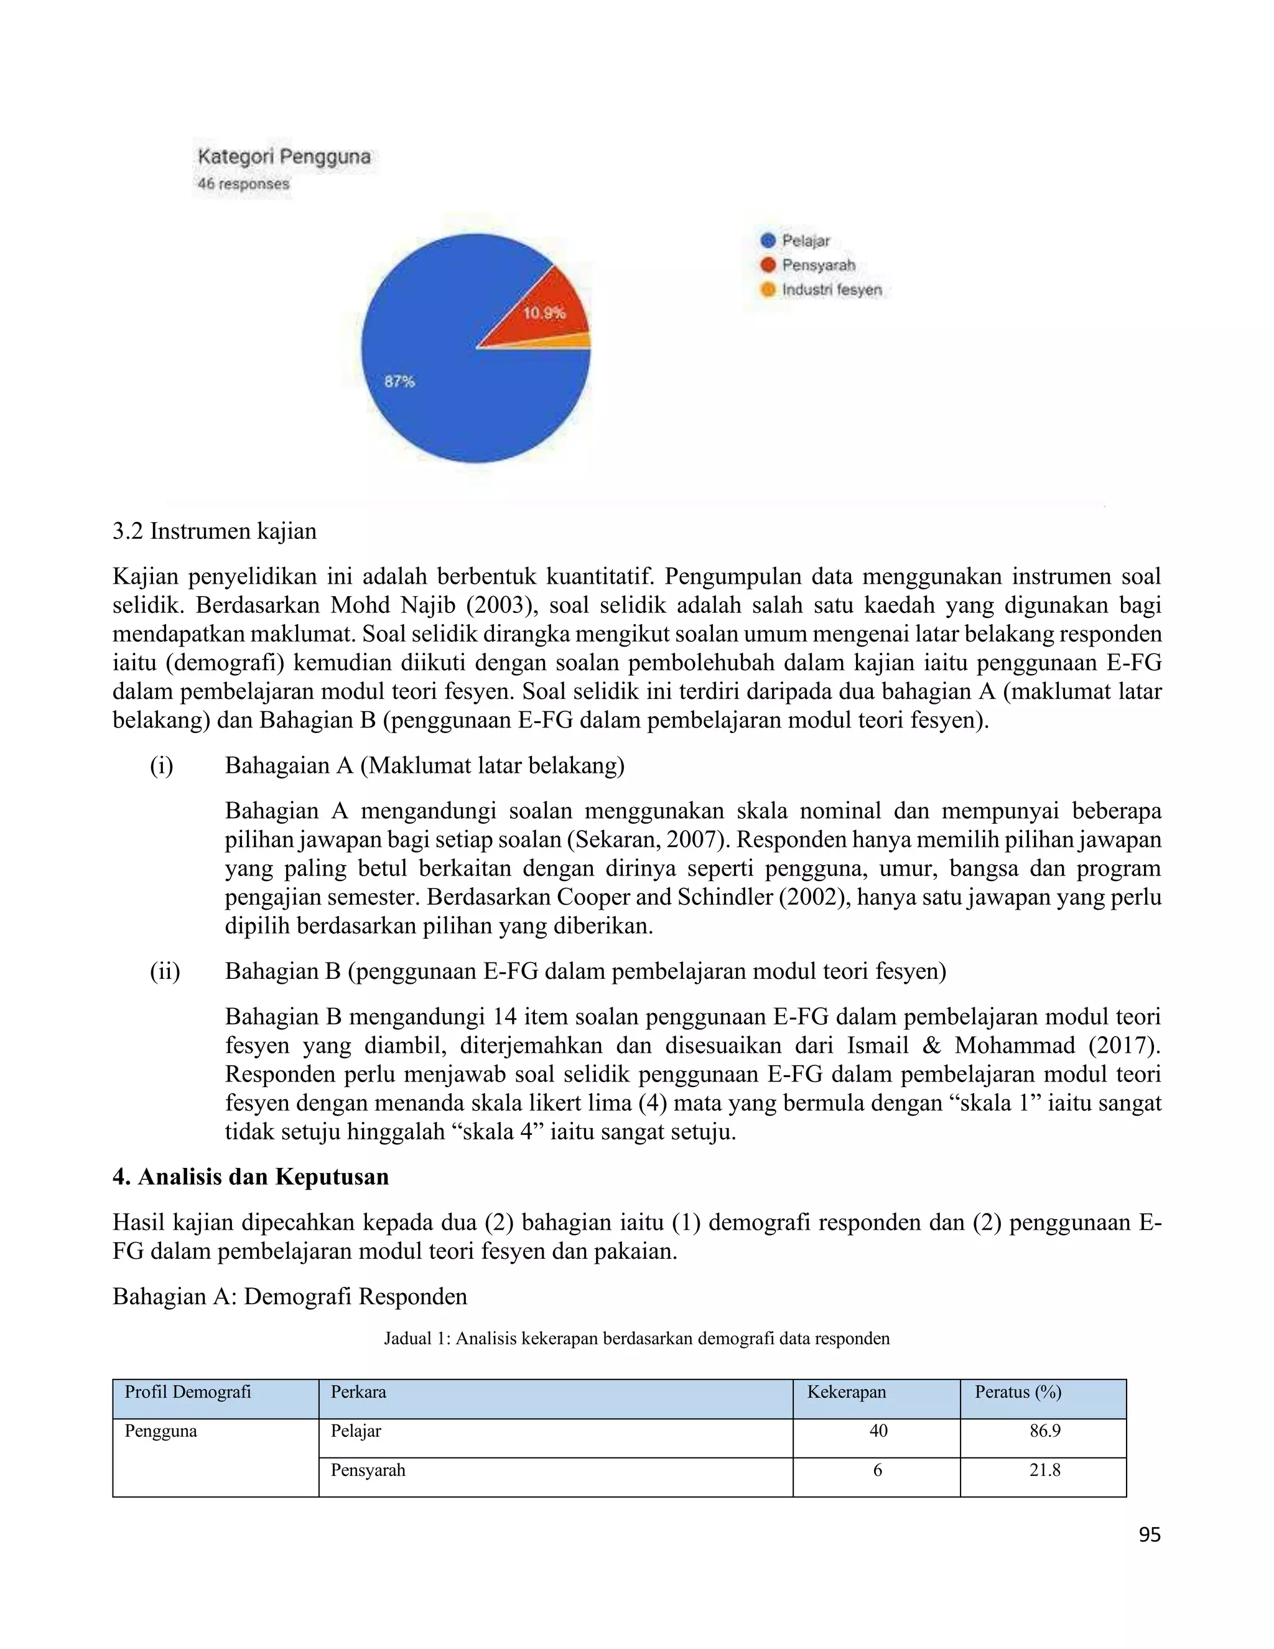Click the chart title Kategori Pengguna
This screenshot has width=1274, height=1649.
(x=284, y=157)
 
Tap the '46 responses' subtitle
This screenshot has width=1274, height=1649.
(x=243, y=184)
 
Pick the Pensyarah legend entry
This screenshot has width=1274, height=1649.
(x=817, y=265)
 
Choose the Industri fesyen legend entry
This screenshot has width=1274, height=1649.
(x=830, y=290)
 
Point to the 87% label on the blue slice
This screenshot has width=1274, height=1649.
(x=399, y=382)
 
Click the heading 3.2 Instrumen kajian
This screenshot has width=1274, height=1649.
(x=215, y=531)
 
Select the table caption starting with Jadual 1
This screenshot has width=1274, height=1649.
(x=636, y=1338)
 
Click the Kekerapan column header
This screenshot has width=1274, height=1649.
(x=846, y=1392)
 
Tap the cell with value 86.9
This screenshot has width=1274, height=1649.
(x=1044, y=1431)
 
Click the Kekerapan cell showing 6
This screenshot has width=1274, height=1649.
(x=877, y=1470)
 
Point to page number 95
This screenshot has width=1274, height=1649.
(x=1149, y=1535)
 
